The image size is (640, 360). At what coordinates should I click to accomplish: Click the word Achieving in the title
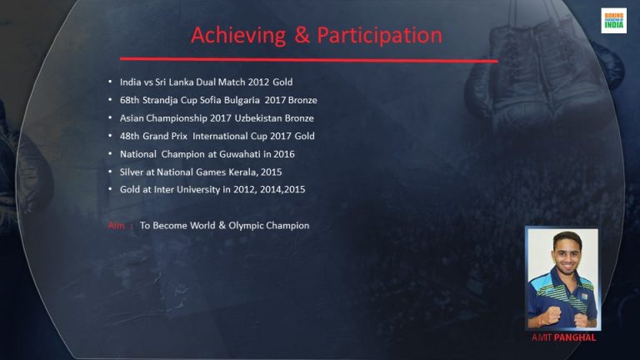tap(238, 36)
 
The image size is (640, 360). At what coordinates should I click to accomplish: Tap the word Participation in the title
tap(380, 36)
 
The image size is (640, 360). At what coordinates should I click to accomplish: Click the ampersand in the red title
tap(302, 35)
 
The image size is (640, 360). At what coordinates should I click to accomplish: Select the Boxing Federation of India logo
tap(613, 20)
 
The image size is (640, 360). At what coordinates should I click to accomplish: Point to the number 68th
tap(129, 100)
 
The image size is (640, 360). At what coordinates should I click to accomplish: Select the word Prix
tap(179, 136)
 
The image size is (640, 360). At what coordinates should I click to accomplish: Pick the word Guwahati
tap(240, 154)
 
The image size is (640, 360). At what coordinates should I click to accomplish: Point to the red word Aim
tap(117, 225)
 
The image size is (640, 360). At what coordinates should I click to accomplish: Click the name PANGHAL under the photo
tap(575, 337)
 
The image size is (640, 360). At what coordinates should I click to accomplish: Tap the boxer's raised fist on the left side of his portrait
tap(551, 315)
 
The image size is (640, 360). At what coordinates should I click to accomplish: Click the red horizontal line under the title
tap(309, 60)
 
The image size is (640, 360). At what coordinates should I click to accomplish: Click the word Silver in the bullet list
tap(132, 172)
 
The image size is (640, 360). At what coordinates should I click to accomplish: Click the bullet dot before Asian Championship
tap(110, 117)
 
